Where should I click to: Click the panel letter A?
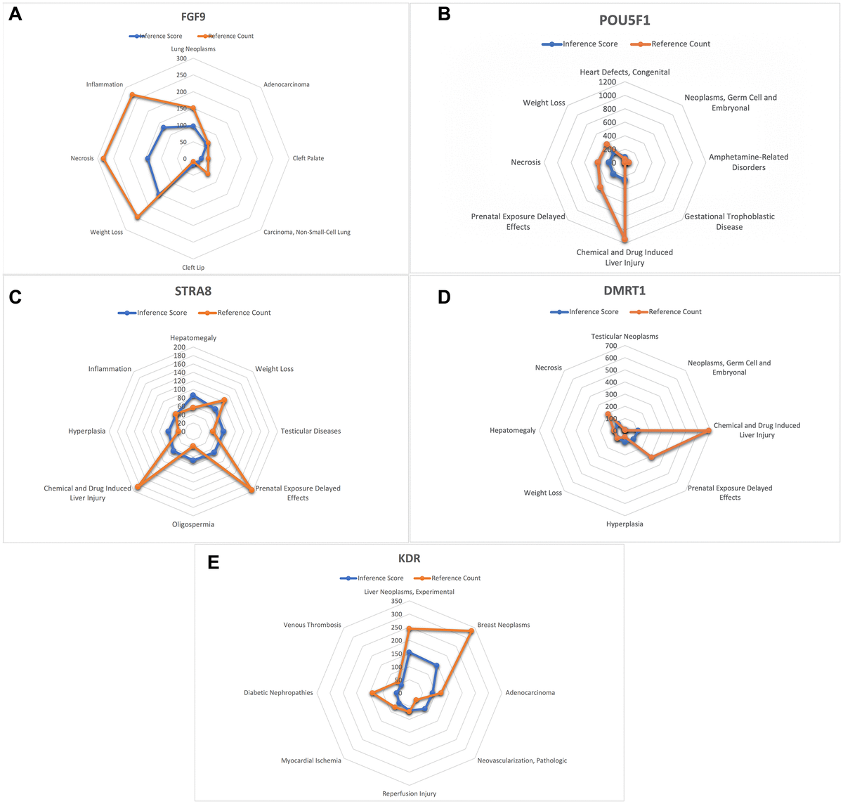[15, 14]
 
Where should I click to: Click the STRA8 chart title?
[193, 290]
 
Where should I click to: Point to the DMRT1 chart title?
[625, 290]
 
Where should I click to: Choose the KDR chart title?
[409, 559]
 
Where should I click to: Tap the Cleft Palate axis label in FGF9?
[308, 158]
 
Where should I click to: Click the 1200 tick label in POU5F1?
[607, 82]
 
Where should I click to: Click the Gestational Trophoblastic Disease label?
[729, 221]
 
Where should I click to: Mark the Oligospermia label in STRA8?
[193, 524]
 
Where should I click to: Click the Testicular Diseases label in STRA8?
[311, 431]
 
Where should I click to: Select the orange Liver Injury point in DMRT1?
[708, 430]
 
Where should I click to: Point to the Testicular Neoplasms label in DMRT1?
[625, 337]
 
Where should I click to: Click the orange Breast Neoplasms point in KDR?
[471, 631]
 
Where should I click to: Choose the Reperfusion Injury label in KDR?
[409, 793]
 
